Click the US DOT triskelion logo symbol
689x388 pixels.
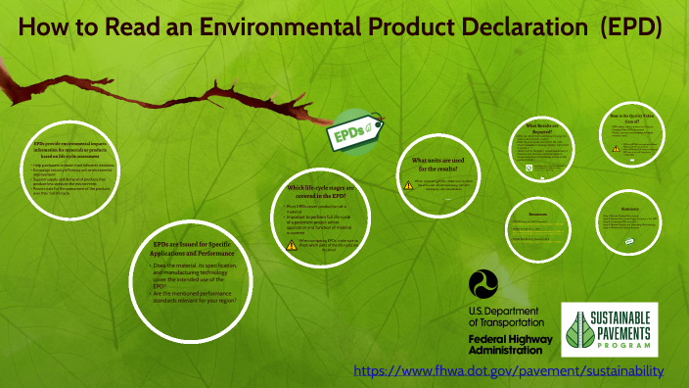point(486,286)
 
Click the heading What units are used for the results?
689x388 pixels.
point(446,164)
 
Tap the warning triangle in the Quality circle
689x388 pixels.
point(616,149)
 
